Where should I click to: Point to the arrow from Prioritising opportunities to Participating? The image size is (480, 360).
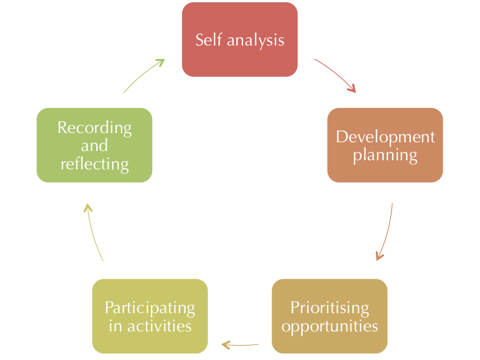tap(240, 345)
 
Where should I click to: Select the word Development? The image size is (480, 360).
tap(385, 137)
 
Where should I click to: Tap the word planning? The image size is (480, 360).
tap(385, 156)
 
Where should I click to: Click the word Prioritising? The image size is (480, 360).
tap(330, 308)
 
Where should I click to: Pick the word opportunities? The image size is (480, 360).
tap(330, 327)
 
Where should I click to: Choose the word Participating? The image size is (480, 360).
tap(150, 308)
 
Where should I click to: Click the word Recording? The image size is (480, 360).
tap(94, 128)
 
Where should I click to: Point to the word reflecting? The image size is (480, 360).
tap(94, 165)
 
